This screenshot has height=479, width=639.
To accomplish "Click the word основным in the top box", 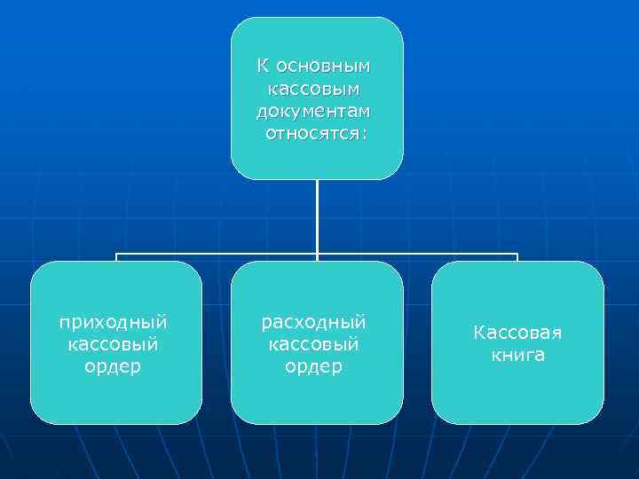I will (324, 67).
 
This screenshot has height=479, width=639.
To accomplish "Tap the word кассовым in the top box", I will (316, 90).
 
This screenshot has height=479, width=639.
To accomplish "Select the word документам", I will (315, 112).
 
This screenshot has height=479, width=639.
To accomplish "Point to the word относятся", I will (312, 134).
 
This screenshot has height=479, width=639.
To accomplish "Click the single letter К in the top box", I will (263, 67).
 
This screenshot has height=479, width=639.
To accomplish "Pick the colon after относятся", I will (364, 135).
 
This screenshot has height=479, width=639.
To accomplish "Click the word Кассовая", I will (517, 333).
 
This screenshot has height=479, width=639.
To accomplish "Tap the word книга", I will (517, 355).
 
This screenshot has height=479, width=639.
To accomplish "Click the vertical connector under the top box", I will (317, 217).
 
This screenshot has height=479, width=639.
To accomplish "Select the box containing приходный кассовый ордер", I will (115, 399).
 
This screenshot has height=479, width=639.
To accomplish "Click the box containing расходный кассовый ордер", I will (317, 399).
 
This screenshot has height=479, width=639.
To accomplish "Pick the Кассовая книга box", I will (517, 399).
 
